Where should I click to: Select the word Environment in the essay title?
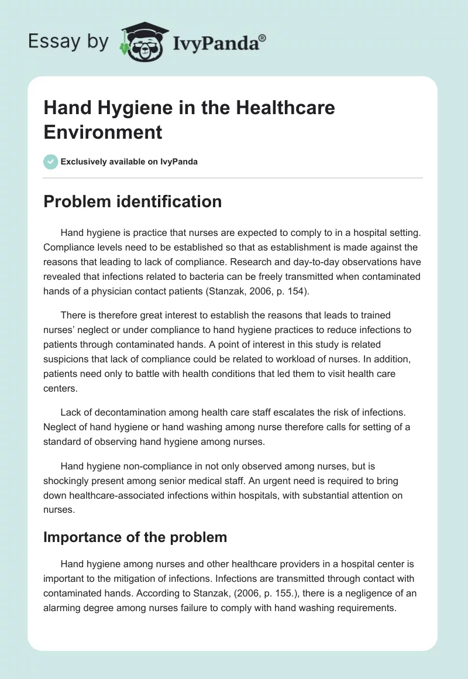(x=103, y=132)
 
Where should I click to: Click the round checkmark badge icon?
(x=51, y=162)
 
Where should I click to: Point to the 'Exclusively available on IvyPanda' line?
(x=129, y=162)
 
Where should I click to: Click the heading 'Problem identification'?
(x=132, y=202)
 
